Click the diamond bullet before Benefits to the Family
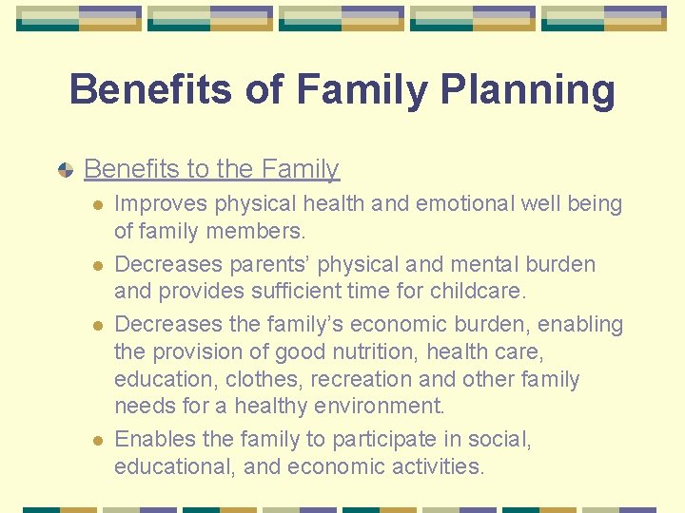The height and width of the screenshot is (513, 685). click(65, 170)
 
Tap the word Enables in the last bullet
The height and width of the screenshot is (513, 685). click(155, 440)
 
